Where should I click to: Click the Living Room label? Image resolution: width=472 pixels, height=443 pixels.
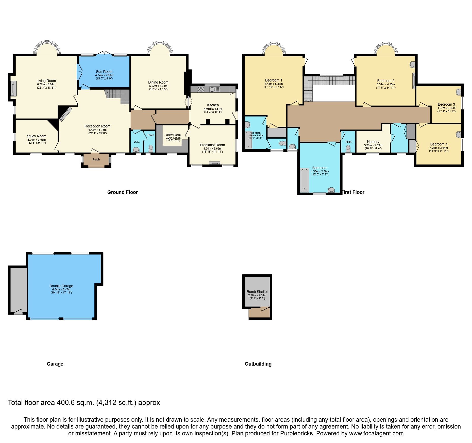point(46,81)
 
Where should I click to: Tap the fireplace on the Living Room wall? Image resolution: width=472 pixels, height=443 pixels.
point(13,89)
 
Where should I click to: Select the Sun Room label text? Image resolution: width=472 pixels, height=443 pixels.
point(104,72)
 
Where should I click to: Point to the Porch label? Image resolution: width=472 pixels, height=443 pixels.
point(96,159)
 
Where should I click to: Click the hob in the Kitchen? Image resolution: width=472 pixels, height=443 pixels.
point(201,89)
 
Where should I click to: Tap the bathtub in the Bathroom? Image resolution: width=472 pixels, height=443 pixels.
point(304,180)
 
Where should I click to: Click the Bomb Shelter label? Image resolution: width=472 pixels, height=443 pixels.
point(257,292)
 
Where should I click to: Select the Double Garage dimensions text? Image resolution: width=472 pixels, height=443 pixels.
point(61,291)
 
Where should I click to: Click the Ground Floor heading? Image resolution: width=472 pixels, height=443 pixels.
point(122,192)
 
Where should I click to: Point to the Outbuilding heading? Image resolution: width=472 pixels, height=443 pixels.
point(258,364)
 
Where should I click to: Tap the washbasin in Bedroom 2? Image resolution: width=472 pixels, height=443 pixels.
point(412,65)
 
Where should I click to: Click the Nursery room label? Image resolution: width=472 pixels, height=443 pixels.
point(373,142)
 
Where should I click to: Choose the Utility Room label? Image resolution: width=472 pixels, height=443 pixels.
point(173,135)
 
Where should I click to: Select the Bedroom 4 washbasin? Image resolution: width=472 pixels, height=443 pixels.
point(458,135)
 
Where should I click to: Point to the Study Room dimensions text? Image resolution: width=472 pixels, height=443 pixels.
point(37,141)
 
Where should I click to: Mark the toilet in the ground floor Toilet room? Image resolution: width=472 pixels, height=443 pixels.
point(151,148)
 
